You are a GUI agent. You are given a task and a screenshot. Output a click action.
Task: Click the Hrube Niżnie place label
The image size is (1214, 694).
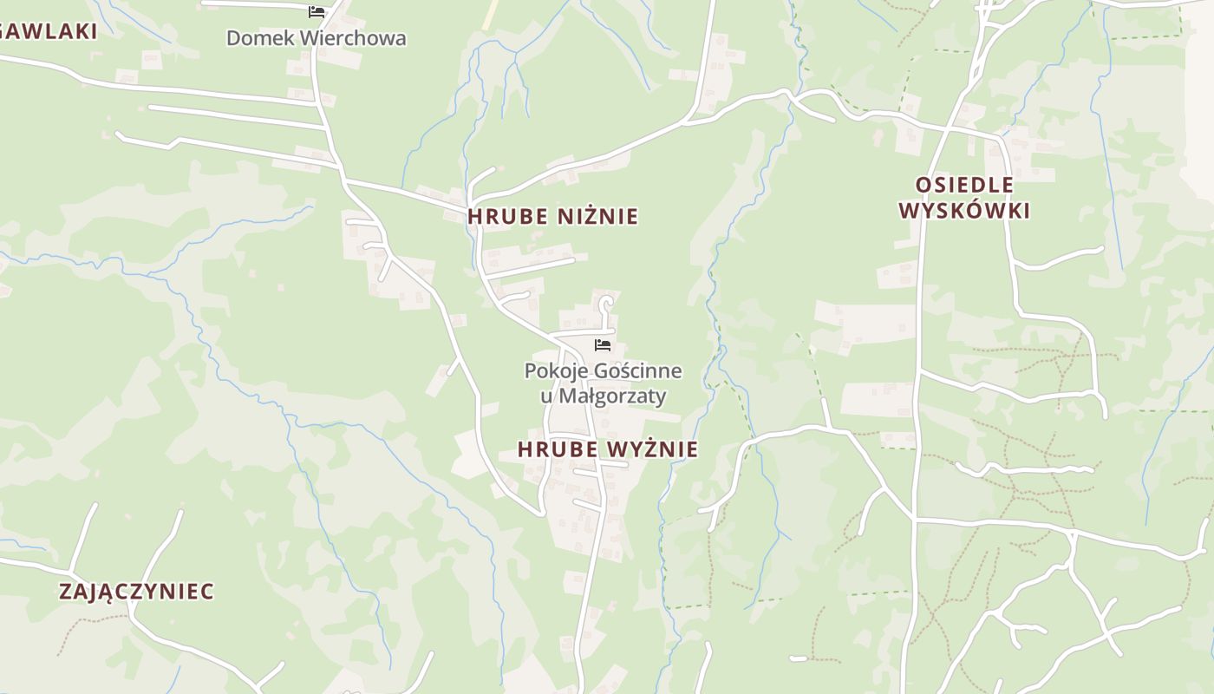(552, 216)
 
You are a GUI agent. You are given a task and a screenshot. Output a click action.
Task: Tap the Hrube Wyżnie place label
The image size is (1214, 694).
(607, 448)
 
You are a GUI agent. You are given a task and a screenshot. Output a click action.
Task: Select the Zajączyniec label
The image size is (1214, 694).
(136, 592)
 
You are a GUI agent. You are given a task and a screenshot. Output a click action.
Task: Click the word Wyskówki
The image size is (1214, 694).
(964, 211)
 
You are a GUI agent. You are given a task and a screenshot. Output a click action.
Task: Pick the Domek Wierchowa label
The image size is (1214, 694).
(316, 38)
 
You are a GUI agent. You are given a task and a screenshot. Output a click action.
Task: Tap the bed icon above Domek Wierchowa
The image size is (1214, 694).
(317, 12)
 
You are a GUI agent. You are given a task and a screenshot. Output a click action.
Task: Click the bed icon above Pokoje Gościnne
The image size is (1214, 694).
(603, 345)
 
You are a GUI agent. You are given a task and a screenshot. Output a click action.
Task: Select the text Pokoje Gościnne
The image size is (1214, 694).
(603, 371)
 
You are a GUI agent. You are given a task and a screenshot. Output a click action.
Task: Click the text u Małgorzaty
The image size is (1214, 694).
(603, 396)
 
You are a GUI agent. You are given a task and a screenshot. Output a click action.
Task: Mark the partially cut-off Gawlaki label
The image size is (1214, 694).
(48, 31)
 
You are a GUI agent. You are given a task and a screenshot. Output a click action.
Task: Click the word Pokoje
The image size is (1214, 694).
(555, 371)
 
